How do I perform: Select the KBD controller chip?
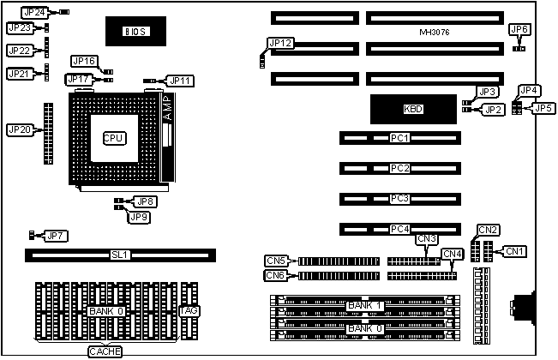tap(413, 109)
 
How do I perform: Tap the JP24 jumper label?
tap(33, 13)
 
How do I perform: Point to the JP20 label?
tap(19, 129)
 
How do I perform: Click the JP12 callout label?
tap(279, 43)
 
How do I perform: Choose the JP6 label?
tap(519, 30)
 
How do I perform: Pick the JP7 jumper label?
tap(56, 236)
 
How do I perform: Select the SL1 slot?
tap(120, 255)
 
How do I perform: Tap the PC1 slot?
tap(399, 138)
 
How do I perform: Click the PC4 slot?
tap(399, 229)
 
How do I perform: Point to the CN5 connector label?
tap(276, 260)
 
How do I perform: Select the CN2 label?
tap(488, 230)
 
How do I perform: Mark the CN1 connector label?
tap(514, 251)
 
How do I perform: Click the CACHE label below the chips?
tap(105, 351)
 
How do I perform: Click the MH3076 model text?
tap(435, 32)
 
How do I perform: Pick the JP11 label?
tap(181, 81)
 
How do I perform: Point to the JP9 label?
tap(138, 217)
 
